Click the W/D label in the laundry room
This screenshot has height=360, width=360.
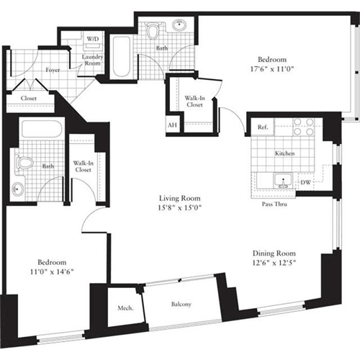tap(93, 38)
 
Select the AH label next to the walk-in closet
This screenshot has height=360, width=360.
tap(171, 125)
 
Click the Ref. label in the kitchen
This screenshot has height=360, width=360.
tap(262, 127)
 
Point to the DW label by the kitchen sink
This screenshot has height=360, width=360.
tap(305, 183)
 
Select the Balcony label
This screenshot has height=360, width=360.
tap(181, 305)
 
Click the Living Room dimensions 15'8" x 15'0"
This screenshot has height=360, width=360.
tap(180, 208)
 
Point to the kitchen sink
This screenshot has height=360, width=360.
tap(282, 181)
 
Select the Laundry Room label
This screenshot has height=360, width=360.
tap(94, 59)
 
